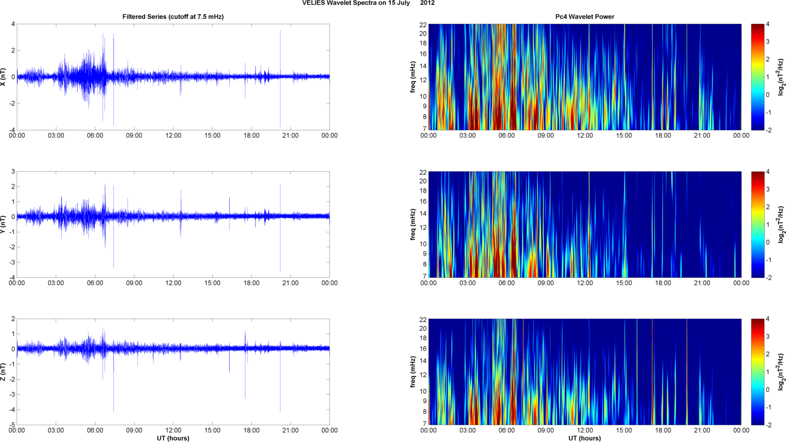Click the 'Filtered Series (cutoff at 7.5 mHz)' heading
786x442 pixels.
[173, 17]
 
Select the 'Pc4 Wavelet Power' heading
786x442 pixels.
[585, 17]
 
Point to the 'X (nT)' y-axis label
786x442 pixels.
[4, 77]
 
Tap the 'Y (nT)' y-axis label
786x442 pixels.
[4, 224]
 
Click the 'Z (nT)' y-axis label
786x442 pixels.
[4, 372]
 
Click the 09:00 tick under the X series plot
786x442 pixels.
[134, 136]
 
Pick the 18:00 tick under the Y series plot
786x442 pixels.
[251, 283]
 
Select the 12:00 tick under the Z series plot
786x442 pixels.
[173, 431]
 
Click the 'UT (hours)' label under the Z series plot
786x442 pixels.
[173, 438]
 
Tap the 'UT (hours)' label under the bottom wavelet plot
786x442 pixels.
[585, 438]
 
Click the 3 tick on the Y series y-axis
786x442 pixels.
[13, 171]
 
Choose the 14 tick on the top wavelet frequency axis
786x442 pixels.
[423, 66]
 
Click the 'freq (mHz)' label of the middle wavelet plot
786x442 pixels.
[413, 224]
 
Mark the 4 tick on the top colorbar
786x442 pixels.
[767, 24]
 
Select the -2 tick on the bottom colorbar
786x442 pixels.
[768, 425]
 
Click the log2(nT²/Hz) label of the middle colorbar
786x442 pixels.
[781, 224]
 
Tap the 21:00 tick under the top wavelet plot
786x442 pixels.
[702, 136]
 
